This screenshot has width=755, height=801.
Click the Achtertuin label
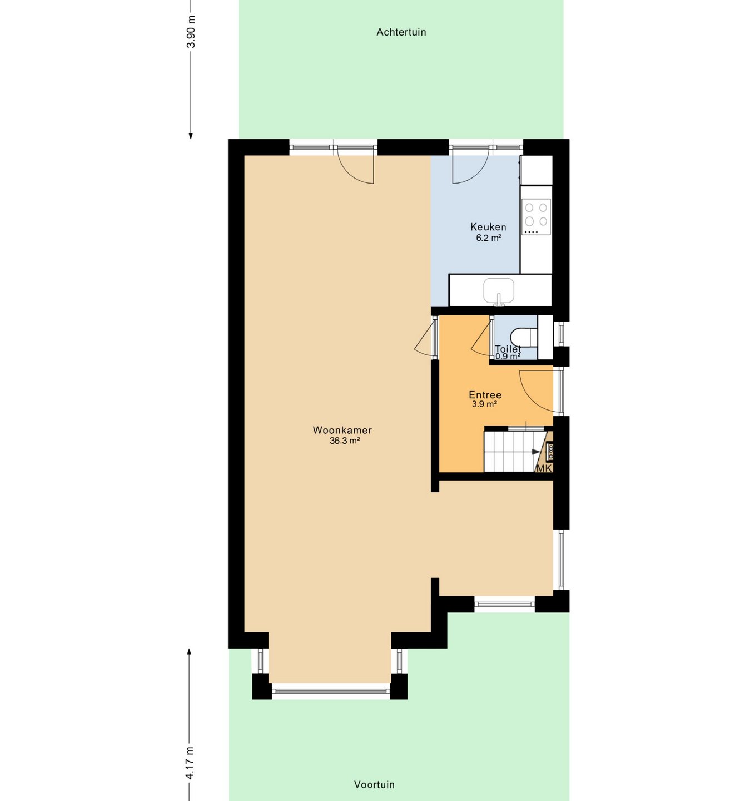click(401, 32)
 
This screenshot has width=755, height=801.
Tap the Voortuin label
click(374, 784)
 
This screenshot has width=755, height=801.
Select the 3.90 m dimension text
click(191, 32)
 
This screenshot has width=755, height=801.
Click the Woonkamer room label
click(342, 430)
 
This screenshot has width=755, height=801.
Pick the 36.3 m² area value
click(345, 441)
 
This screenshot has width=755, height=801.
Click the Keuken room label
click(488, 227)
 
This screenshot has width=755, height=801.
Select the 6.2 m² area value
click(488, 238)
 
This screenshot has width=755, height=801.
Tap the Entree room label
click(485, 395)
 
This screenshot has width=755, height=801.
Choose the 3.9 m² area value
click(484, 404)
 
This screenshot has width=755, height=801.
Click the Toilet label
click(508, 348)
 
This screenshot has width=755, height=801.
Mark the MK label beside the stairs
click(543, 468)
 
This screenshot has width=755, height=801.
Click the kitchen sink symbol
click(499, 290)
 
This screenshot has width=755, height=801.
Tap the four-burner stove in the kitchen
click(536, 217)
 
